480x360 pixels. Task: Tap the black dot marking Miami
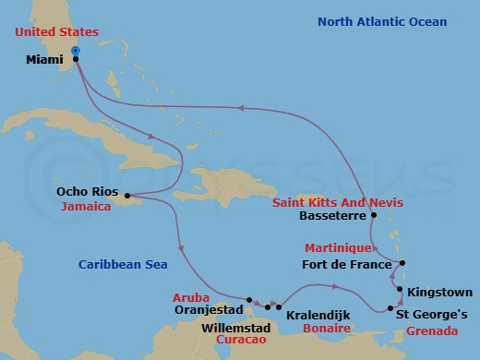click(x=75, y=59)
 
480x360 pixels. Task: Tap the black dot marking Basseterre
click(x=374, y=215)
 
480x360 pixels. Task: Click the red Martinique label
click(x=339, y=248)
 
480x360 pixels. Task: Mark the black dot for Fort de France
click(x=402, y=262)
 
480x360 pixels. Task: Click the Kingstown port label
click(x=439, y=291)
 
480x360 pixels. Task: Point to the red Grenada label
click(x=430, y=330)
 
